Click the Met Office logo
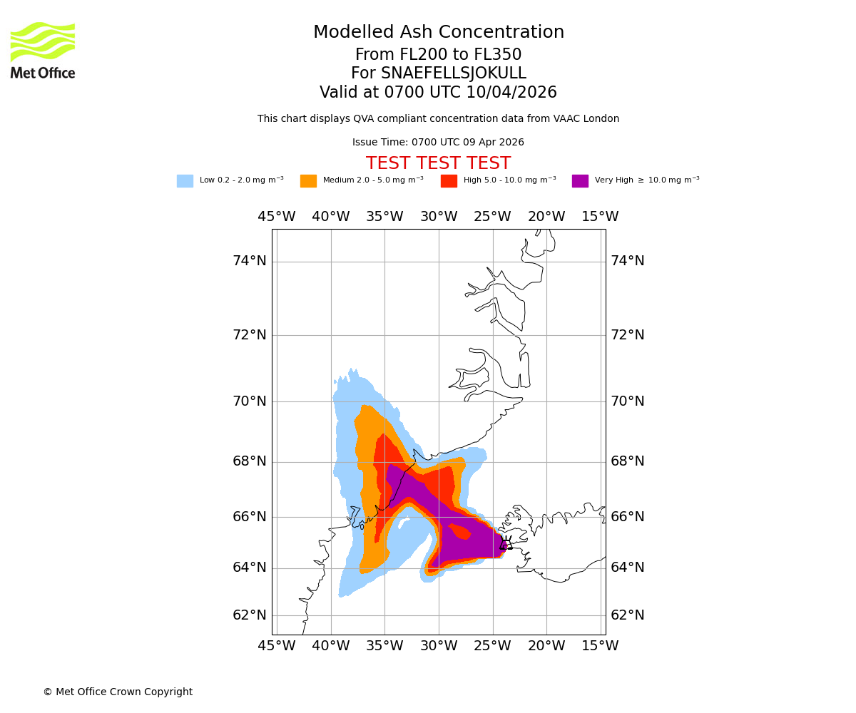click(43, 50)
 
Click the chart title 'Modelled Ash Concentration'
click(438, 33)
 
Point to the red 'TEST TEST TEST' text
click(438, 163)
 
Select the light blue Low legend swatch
click(185, 181)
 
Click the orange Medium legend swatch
click(308, 181)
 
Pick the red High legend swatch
click(449, 181)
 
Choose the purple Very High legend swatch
click(580, 181)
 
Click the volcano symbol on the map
click(506, 543)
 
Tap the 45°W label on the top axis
click(277, 217)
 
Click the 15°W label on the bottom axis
click(600, 646)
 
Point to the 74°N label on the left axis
click(250, 261)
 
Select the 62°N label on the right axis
click(627, 615)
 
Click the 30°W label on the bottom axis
click(439, 646)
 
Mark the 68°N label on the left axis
click(250, 461)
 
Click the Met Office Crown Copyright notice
click(118, 692)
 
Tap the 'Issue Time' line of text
click(438, 143)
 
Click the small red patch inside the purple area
click(459, 531)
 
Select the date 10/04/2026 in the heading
click(511, 93)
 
